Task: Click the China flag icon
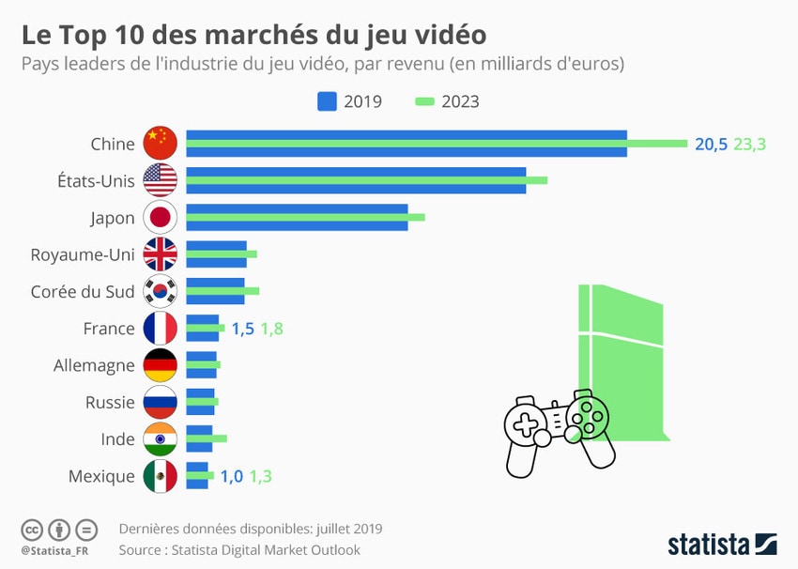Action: tap(160, 144)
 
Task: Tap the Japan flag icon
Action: tap(160, 218)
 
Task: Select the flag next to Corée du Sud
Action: tap(160, 291)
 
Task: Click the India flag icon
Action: tap(160, 439)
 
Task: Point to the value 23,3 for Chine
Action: tap(750, 144)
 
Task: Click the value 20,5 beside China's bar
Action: tap(711, 144)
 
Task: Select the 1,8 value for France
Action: tap(272, 329)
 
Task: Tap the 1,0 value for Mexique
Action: tap(232, 476)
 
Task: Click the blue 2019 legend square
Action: tap(327, 101)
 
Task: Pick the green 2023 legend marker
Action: tap(423, 101)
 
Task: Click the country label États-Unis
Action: tap(97, 181)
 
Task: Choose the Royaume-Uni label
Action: tap(83, 254)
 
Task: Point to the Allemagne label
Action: tap(94, 365)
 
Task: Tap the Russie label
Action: tap(110, 402)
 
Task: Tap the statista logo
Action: tap(721, 544)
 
